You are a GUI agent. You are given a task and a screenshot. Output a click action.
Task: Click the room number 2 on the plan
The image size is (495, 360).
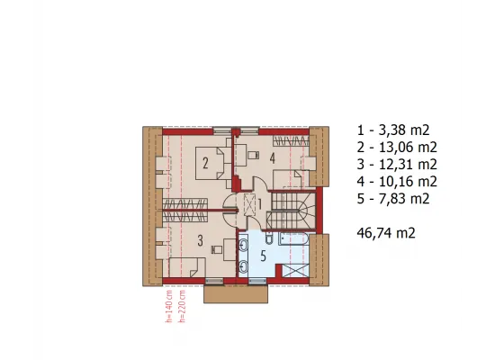[205, 164]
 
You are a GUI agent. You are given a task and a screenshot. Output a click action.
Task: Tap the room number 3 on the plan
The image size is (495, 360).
[200, 241]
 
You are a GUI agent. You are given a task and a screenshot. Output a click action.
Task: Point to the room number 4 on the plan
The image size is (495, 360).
[273, 158]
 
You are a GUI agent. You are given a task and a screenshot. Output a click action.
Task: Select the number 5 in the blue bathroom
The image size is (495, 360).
[264, 256]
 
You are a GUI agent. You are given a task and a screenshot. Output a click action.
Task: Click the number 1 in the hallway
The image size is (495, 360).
[260, 204]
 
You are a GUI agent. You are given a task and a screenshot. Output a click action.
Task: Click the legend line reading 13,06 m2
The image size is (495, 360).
[397, 148]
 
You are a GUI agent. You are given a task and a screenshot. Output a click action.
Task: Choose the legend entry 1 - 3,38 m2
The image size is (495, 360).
[393, 130]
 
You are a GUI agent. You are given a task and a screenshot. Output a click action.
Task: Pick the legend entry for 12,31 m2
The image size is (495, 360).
[397, 165]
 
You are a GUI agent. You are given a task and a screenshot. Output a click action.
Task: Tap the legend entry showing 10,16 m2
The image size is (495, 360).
[397, 182]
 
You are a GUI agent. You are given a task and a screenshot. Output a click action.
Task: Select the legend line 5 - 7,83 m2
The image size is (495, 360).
[393, 199]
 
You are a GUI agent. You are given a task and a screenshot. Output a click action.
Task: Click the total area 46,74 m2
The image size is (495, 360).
[386, 233]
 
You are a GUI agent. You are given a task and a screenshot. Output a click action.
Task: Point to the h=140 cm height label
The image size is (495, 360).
[169, 306]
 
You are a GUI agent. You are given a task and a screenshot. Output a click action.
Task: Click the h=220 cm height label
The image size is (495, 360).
[182, 306]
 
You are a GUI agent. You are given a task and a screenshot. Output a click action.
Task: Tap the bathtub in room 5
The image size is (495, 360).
[293, 238]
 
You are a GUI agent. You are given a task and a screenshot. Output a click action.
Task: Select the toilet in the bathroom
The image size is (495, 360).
[269, 238]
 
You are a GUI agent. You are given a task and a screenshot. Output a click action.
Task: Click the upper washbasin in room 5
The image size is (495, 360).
[244, 245]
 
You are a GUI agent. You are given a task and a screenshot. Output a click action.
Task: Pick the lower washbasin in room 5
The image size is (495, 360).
[244, 266]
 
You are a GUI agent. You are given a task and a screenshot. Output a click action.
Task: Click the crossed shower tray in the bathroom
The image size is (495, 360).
[295, 271]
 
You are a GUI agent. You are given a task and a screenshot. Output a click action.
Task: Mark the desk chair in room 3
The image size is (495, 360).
[217, 249]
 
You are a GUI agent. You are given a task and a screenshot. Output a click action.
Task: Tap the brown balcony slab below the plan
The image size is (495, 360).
[236, 294]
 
